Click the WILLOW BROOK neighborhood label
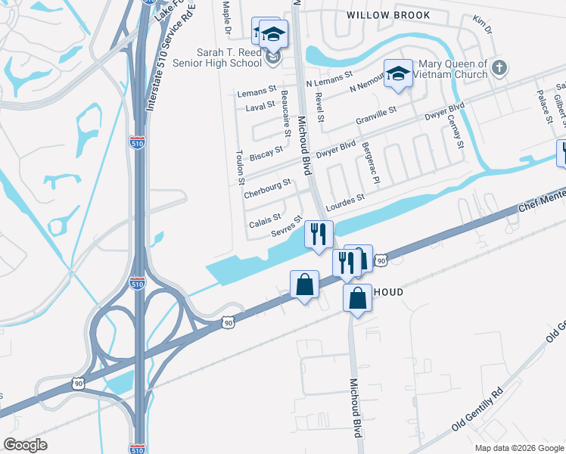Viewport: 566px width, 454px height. (388, 15)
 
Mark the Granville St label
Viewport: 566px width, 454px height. (376, 117)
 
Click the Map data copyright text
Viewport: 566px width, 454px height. (520, 448)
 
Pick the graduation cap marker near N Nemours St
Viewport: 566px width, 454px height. (398, 74)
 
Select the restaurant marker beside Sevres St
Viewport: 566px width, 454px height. (319, 233)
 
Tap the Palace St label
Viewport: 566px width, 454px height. (544, 105)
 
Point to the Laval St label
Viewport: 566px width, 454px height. (260, 107)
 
